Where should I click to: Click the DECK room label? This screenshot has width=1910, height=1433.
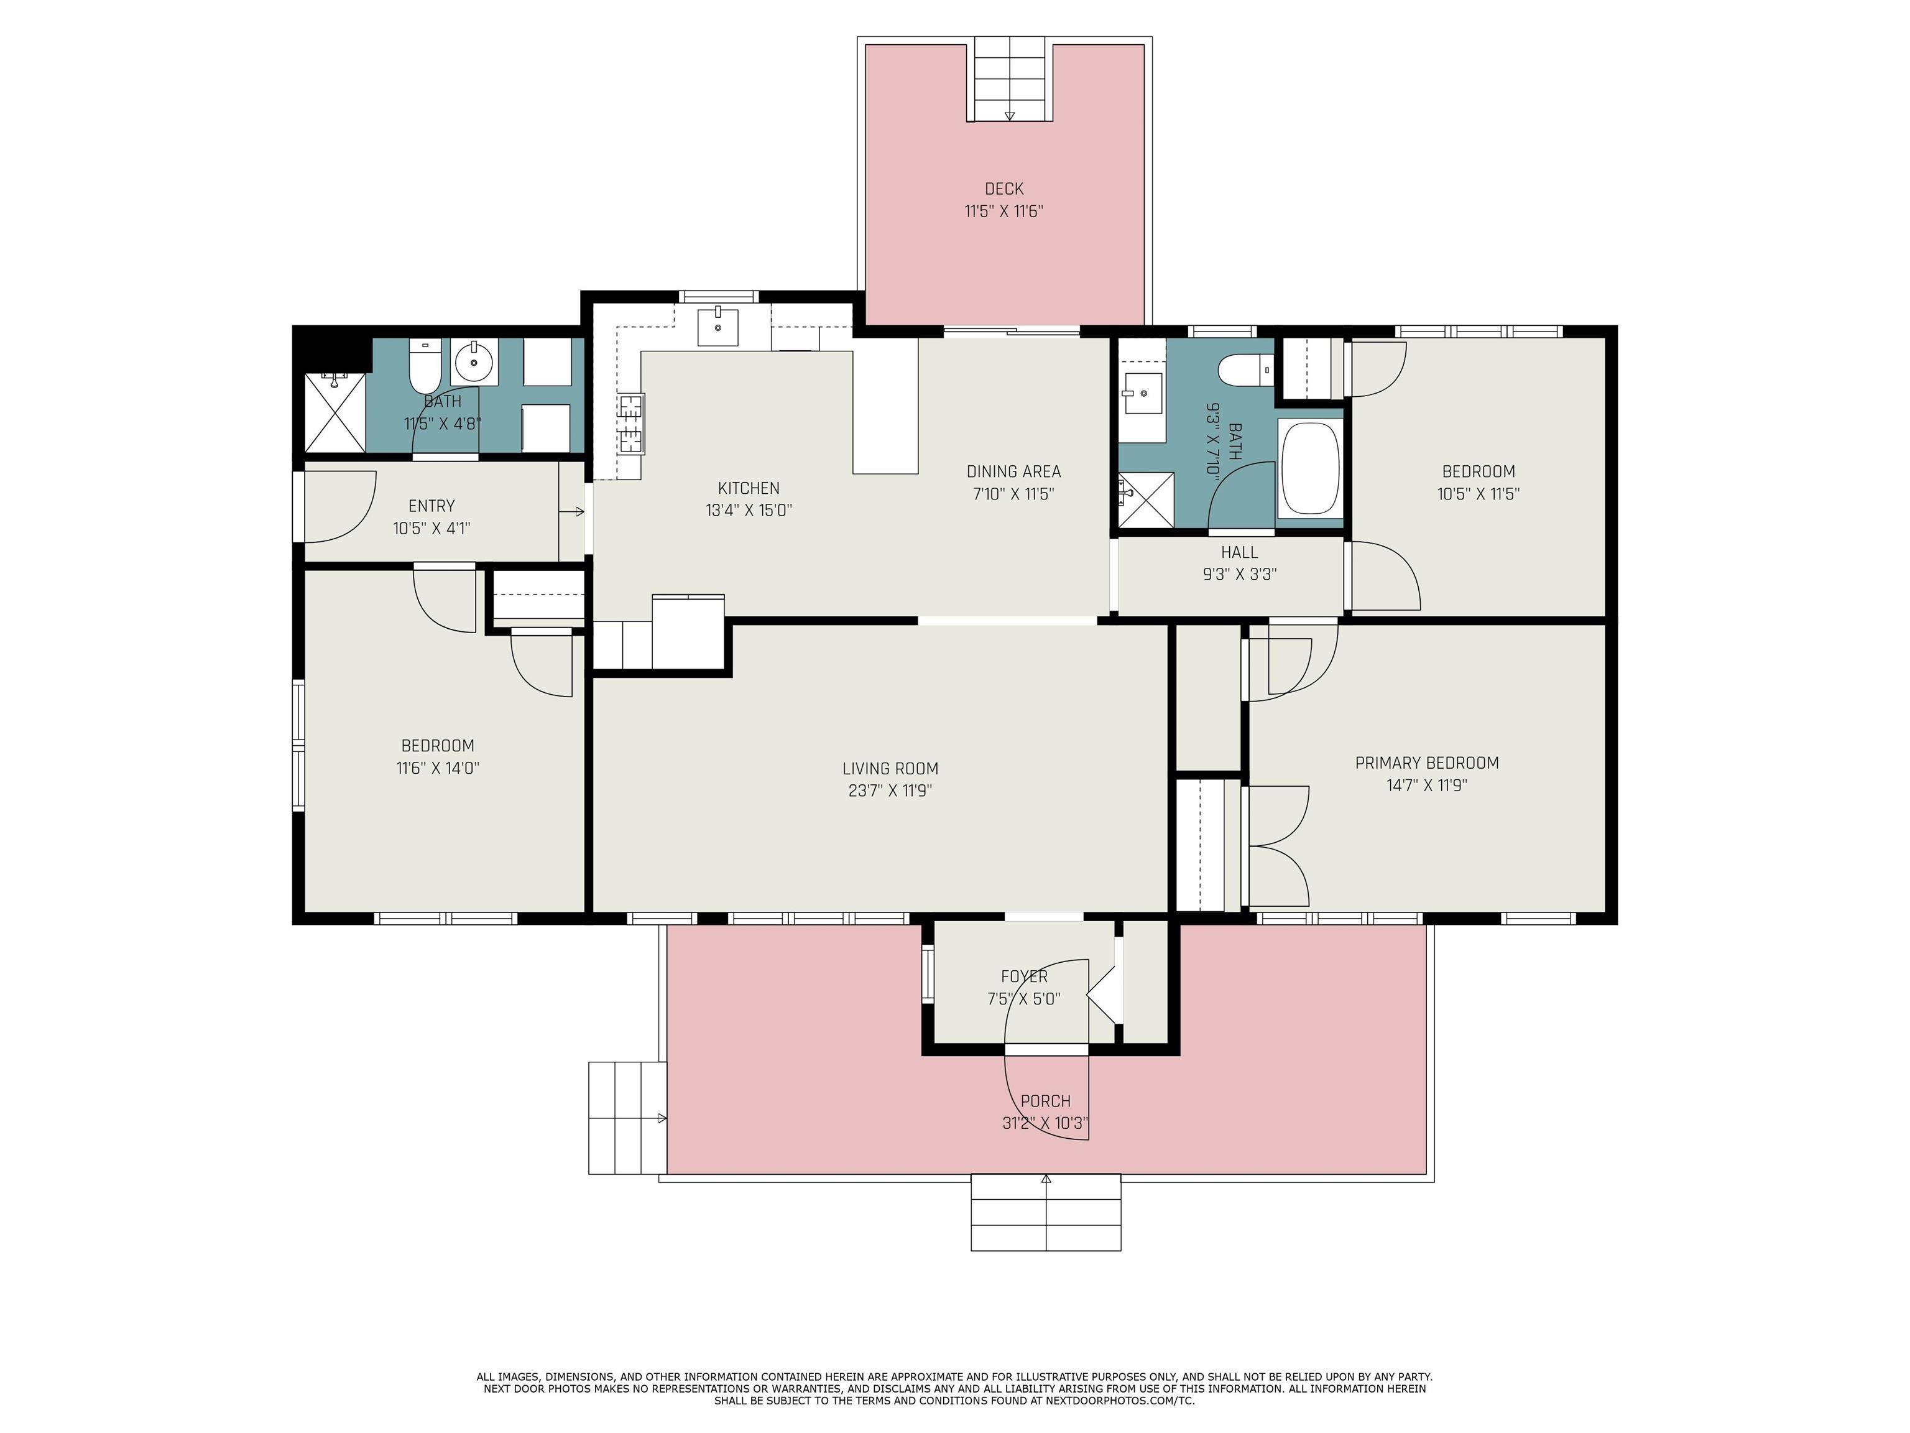click(x=1003, y=188)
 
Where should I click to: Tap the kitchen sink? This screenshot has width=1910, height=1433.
click(x=717, y=327)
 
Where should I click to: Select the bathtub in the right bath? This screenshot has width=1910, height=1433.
click(x=1310, y=469)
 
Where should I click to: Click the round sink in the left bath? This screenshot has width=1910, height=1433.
click(x=473, y=361)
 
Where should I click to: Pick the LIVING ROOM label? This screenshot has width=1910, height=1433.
click(x=890, y=769)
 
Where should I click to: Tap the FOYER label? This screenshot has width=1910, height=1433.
click(x=1024, y=976)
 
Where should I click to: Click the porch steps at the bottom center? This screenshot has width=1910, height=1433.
click(x=1046, y=1212)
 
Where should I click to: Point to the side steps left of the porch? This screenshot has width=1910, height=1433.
click(x=627, y=1118)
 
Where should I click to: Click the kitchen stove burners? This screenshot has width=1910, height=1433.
click(x=631, y=424)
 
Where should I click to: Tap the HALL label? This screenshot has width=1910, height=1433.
click(x=1239, y=552)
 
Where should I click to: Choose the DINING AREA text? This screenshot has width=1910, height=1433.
click(x=1013, y=471)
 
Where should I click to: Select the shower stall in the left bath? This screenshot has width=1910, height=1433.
click(x=336, y=412)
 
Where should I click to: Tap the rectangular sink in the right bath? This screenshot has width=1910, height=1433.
click(x=1144, y=394)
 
